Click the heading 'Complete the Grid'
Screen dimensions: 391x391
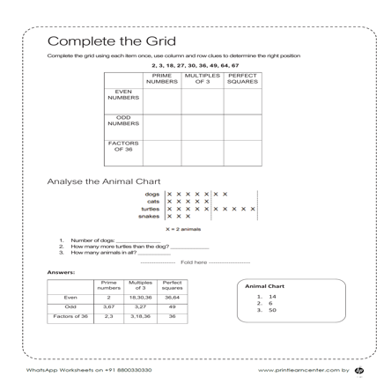[x=111, y=42]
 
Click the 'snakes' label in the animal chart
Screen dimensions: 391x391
[x=151, y=216]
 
